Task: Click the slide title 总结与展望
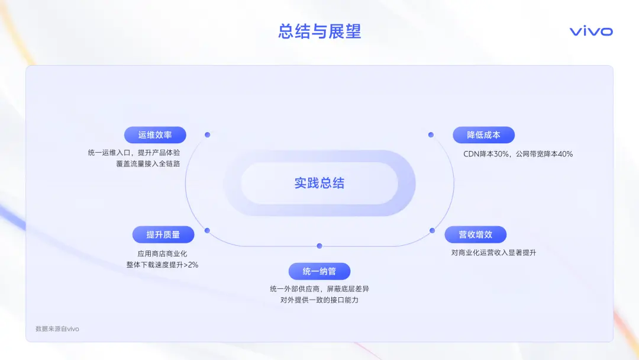pyautogui.click(x=319, y=31)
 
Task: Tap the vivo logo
pyautogui.click(x=591, y=31)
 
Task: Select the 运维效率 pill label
pyautogui.click(x=155, y=135)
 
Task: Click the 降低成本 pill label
pyautogui.click(x=483, y=135)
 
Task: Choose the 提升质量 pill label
pyautogui.click(x=163, y=234)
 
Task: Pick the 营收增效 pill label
pyautogui.click(x=475, y=234)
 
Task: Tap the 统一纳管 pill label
pyautogui.click(x=319, y=271)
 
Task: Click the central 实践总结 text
pyautogui.click(x=319, y=183)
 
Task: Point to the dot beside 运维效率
pyautogui.click(x=208, y=134)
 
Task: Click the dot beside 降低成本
pyautogui.click(x=431, y=134)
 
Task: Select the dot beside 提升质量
pyautogui.click(x=207, y=230)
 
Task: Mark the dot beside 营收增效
pyautogui.click(x=432, y=230)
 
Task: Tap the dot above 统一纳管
pyautogui.click(x=319, y=246)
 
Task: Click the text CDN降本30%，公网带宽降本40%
pyautogui.click(x=518, y=154)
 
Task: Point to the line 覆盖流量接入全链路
pyautogui.click(x=148, y=163)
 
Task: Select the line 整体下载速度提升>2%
pyautogui.click(x=162, y=265)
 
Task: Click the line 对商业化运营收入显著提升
pyautogui.click(x=493, y=252)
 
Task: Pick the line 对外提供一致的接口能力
pyautogui.click(x=319, y=300)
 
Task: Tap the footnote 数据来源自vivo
pyautogui.click(x=57, y=329)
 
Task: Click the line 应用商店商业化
pyautogui.click(x=162, y=253)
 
